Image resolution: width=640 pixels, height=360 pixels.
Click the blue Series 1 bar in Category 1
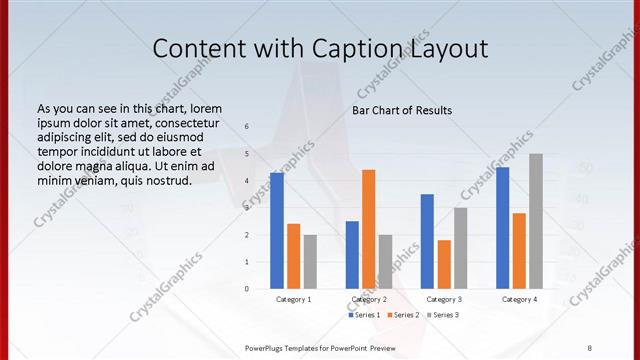pyautogui.click(x=277, y=230)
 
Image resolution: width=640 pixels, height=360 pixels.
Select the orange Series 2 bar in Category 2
pyautogui.click(x=369, y=229)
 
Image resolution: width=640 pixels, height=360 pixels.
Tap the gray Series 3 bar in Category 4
pyautogui.click(x=536, y=221)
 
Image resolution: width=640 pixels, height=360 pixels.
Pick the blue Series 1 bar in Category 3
pyautogui.click(x=427, y=241)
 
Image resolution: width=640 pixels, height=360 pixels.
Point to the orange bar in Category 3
pyautogui.click(x=444, y=264)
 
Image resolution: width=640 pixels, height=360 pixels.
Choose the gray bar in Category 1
pyautogui.click(x=310, y=261)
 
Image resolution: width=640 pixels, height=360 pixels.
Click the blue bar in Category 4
pyautogui.click(x=502, y=228)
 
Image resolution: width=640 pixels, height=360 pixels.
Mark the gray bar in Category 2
pyautogui.click(x=386, y=261)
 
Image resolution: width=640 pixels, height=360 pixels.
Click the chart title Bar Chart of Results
pyautogui.click(x=402, y=110)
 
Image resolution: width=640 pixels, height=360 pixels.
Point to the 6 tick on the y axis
pyautogui.click(x=248, y=126)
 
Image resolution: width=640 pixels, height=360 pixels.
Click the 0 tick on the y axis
pyautogui.click(x=248, y=289)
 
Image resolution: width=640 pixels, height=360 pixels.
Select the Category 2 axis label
pyautogui.click(x=368, y=299)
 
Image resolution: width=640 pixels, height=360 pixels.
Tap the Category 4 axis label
pyautogui.click(x=519, y=299)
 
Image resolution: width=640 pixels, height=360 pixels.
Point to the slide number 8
pyautogui.click(x=589, y=347)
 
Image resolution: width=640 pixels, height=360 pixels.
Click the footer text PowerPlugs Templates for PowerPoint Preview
pyautogui.click(x=321, y=347)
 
